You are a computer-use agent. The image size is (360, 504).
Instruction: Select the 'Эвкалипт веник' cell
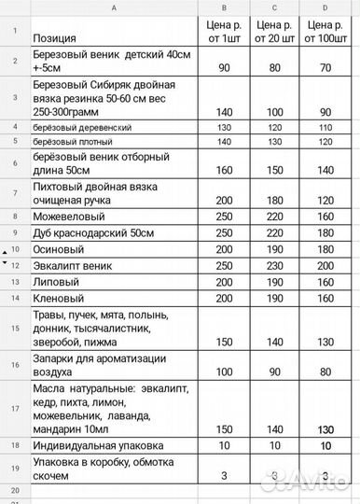(73, 266)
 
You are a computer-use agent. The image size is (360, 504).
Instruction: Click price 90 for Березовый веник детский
(224, 68)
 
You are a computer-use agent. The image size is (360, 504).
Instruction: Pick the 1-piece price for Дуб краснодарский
(224, 232)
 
